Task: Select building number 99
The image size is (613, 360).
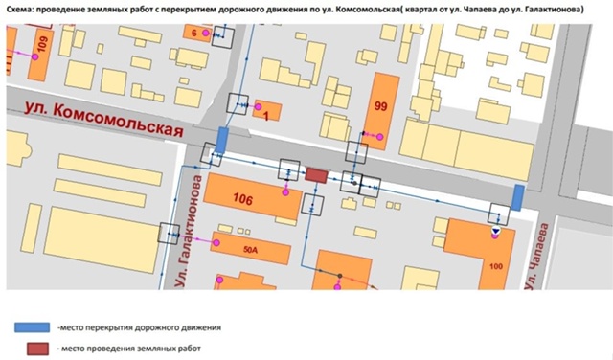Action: (x=381, y=106)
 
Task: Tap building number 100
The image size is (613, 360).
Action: (x=495, y=263)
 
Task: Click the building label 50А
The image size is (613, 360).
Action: (x=252, y=249)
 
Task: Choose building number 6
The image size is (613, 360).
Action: (x=195, y=34)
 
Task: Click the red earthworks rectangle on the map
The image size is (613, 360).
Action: (x=315, y=175)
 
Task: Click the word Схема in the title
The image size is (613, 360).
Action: (x=23, y=10)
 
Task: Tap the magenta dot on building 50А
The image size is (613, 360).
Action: (x=216, y=243)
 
